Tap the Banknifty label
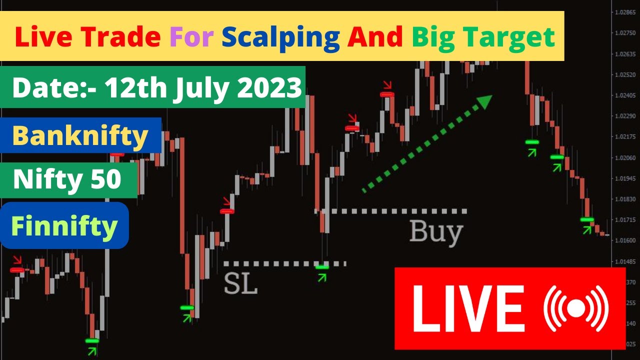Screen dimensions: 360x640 pyautogui.click(x=80, y=135)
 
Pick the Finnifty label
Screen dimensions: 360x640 pyautogui.click(x=64, y=226)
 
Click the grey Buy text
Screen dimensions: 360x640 pyautogui.click(x=436, y=232)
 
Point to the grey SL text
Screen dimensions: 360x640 pyautogui.click(x=240, y=283)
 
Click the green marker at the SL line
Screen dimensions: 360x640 pyautogui.click(x=322, y=267)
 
